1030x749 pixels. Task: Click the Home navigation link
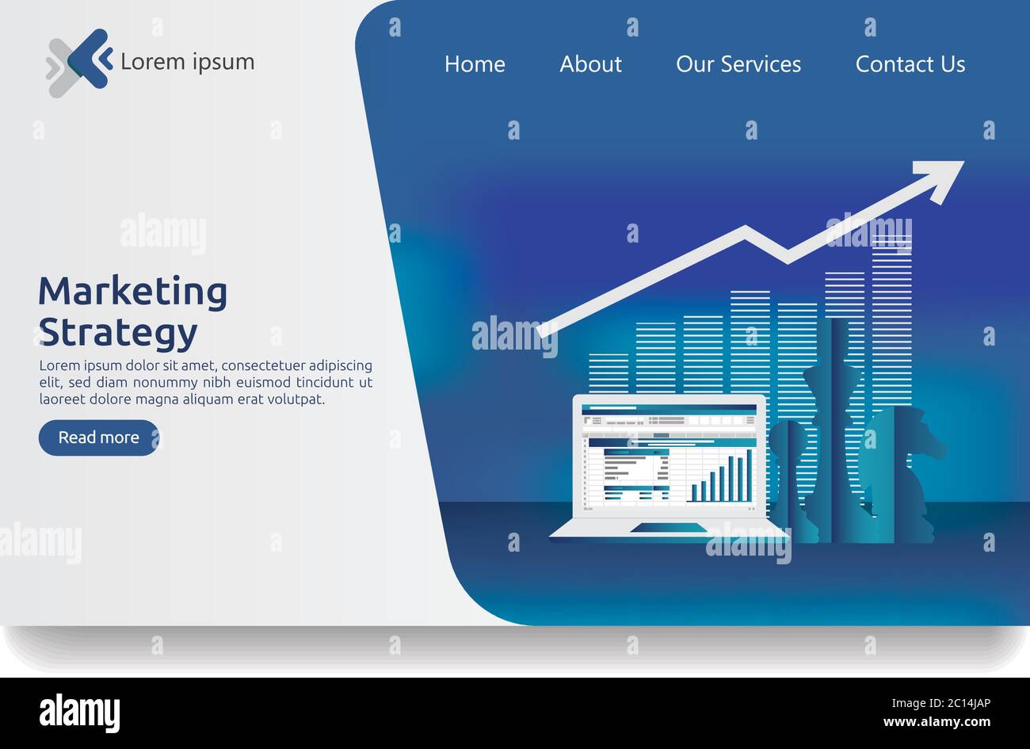(475, 64)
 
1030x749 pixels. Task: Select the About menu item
(590, 64)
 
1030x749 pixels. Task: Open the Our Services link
(738, 64)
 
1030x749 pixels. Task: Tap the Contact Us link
(910, 64)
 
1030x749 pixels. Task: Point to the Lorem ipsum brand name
(187, 62)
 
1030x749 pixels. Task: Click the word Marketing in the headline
(132, 292)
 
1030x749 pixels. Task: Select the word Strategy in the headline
(117, 333)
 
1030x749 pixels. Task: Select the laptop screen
(669, 456)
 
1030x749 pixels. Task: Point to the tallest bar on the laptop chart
(749, 475)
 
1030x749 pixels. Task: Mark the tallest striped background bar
(891, 317)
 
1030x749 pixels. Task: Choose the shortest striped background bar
(608, 373)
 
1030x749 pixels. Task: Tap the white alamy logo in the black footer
(79, 713)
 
